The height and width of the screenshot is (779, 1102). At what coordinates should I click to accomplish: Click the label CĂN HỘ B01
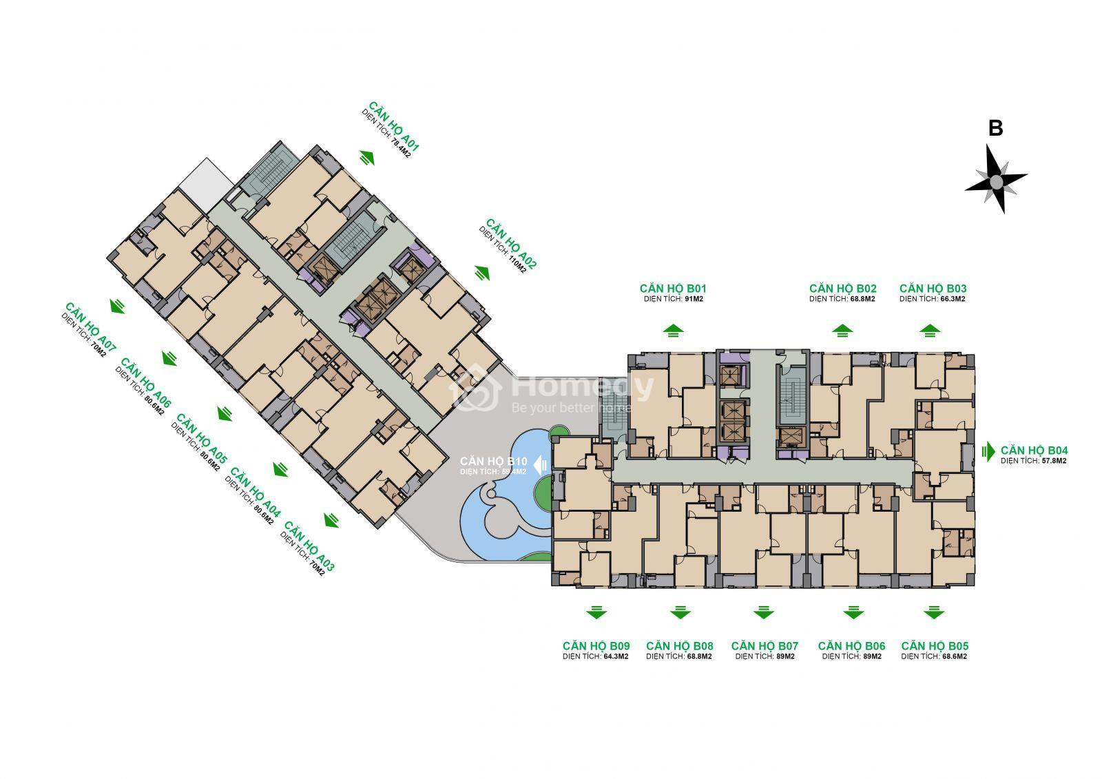click(x=673, y=289)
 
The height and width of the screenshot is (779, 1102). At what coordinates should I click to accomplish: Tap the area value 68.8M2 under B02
click(x=862, y=299)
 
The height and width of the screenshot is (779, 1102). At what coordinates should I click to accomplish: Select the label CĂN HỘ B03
click(x=933, y=289)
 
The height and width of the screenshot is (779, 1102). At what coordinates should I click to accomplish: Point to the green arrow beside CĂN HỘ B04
click(x=988, y=450)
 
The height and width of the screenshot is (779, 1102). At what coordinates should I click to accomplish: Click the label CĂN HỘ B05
click(x=935, y=645)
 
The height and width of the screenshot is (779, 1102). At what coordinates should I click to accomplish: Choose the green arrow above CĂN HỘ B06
click(x=853, y=612)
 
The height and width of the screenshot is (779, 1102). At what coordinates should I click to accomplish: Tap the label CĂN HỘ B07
click(x=765, y=645)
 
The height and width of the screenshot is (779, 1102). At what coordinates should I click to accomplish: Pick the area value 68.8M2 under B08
click(x=699, y=656)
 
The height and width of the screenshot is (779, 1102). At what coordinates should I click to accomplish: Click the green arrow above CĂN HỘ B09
click(x=596, y=612)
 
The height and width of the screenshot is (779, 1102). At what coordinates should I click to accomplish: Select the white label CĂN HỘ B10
click(x=493, y=461)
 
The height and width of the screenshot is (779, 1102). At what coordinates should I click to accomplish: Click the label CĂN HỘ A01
click(x=394, y=127)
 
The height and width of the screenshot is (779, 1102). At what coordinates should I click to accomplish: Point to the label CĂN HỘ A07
click(x=90, y=327)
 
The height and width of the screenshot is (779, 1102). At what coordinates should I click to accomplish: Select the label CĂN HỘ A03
click(x=309, y=547)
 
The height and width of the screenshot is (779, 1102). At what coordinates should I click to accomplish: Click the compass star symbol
click(x=996, y=180)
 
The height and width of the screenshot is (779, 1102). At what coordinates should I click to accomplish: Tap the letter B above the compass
click(x=995, y=128)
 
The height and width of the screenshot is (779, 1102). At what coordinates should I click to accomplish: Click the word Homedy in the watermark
click(x=583, y=388)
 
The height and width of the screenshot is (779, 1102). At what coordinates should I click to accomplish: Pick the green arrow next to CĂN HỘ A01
click(x=367, y=158)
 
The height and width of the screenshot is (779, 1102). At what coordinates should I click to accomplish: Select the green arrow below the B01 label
click(x=673, y=330)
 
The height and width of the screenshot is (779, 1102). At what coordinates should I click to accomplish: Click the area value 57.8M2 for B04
click(x=1053, y=461)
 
